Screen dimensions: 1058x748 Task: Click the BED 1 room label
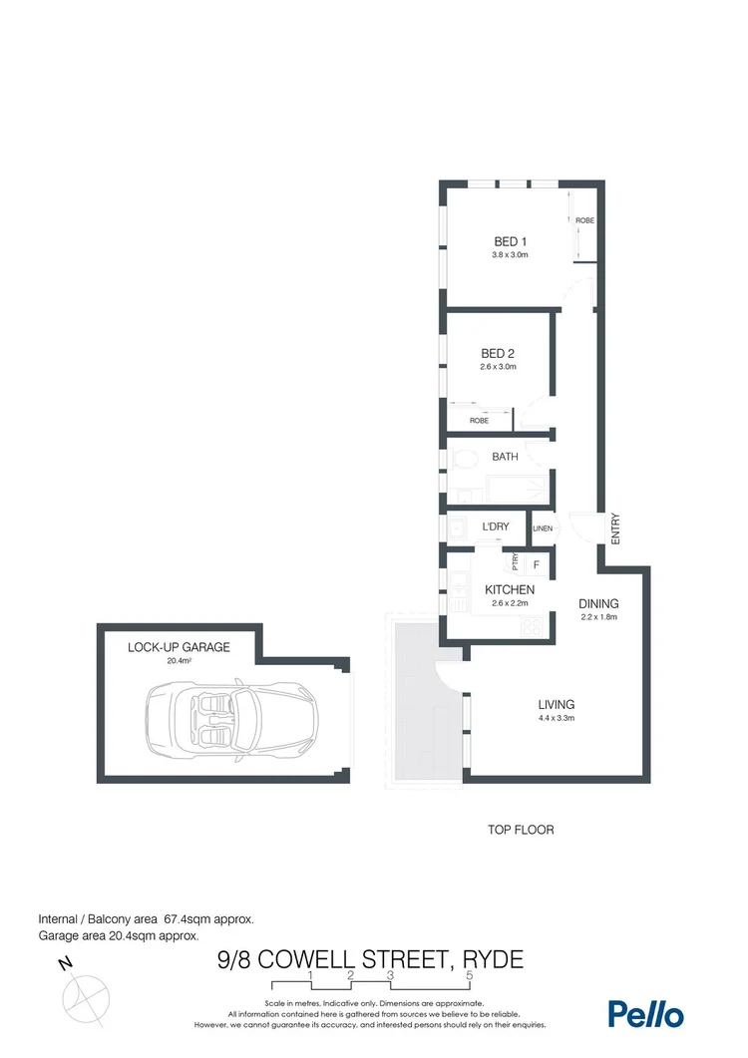[510, 241]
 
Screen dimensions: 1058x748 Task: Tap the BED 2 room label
[498, 353]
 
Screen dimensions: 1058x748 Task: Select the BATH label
[505, 457]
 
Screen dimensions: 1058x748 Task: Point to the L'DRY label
[496, 526]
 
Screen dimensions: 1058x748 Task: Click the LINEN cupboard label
[543, 529]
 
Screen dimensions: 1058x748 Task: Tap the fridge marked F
[537, 565]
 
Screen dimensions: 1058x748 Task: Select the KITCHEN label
[510, 590]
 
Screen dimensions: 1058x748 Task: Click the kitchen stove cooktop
[532, 628]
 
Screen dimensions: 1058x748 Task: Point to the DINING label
[599, 603]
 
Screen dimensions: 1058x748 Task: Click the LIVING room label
[556, 704]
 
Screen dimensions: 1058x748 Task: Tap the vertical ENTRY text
[615, 528]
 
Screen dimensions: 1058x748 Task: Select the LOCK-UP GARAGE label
[179, 647]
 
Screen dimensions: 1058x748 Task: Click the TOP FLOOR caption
[520, 830]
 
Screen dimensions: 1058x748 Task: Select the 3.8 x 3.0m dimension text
[510, 256]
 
